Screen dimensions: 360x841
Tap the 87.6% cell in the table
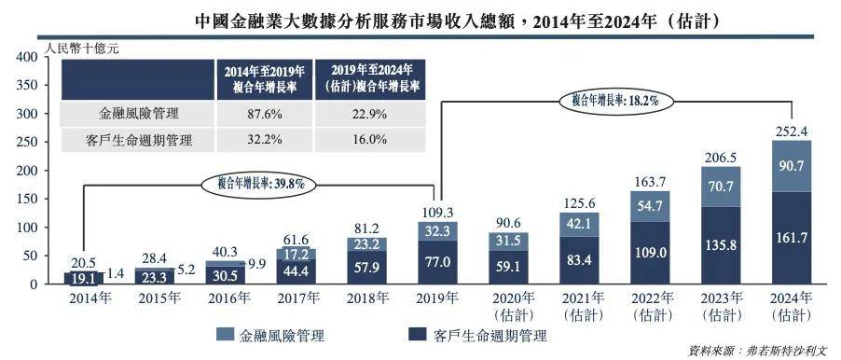tap(265, 114)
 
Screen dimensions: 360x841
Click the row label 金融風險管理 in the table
tap(139, 114)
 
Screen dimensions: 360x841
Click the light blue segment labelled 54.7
tap(650, 205)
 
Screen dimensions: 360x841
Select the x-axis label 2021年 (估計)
tap(580, 306)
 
